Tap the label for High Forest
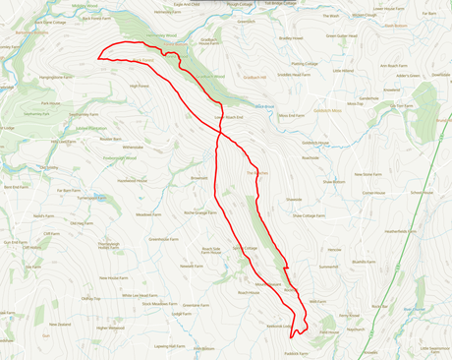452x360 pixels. pyautogui.click(x=140, y=86)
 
